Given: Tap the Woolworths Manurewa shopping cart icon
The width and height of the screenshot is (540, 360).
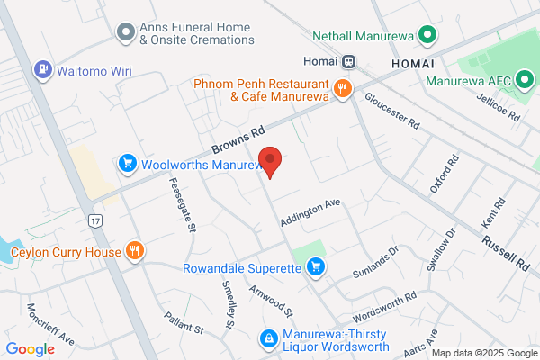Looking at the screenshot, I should click(x=128, y=164).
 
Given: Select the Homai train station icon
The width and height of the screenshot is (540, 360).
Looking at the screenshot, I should click(x=346, y=62).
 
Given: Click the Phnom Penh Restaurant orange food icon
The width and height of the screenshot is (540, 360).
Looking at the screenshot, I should click(x=342, y=88).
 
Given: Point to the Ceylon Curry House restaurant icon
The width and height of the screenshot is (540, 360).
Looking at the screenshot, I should click(x=135, y=251).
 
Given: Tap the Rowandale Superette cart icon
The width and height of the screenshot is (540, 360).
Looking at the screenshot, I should click(x=315, y=266).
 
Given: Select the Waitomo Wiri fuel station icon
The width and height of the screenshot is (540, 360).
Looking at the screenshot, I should click(x=42, y=69).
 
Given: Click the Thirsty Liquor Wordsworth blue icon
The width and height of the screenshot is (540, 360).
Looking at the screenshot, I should click(x=267, y=338).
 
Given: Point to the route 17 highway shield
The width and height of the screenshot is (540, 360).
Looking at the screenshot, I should click(x=94, y=219).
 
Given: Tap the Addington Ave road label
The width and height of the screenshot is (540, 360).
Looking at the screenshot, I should click(x=310, y=212).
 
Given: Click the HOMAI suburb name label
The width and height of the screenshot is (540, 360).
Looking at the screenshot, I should click(x=413, y=65).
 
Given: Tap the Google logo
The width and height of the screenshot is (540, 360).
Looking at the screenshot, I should click(x=31, y=348).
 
